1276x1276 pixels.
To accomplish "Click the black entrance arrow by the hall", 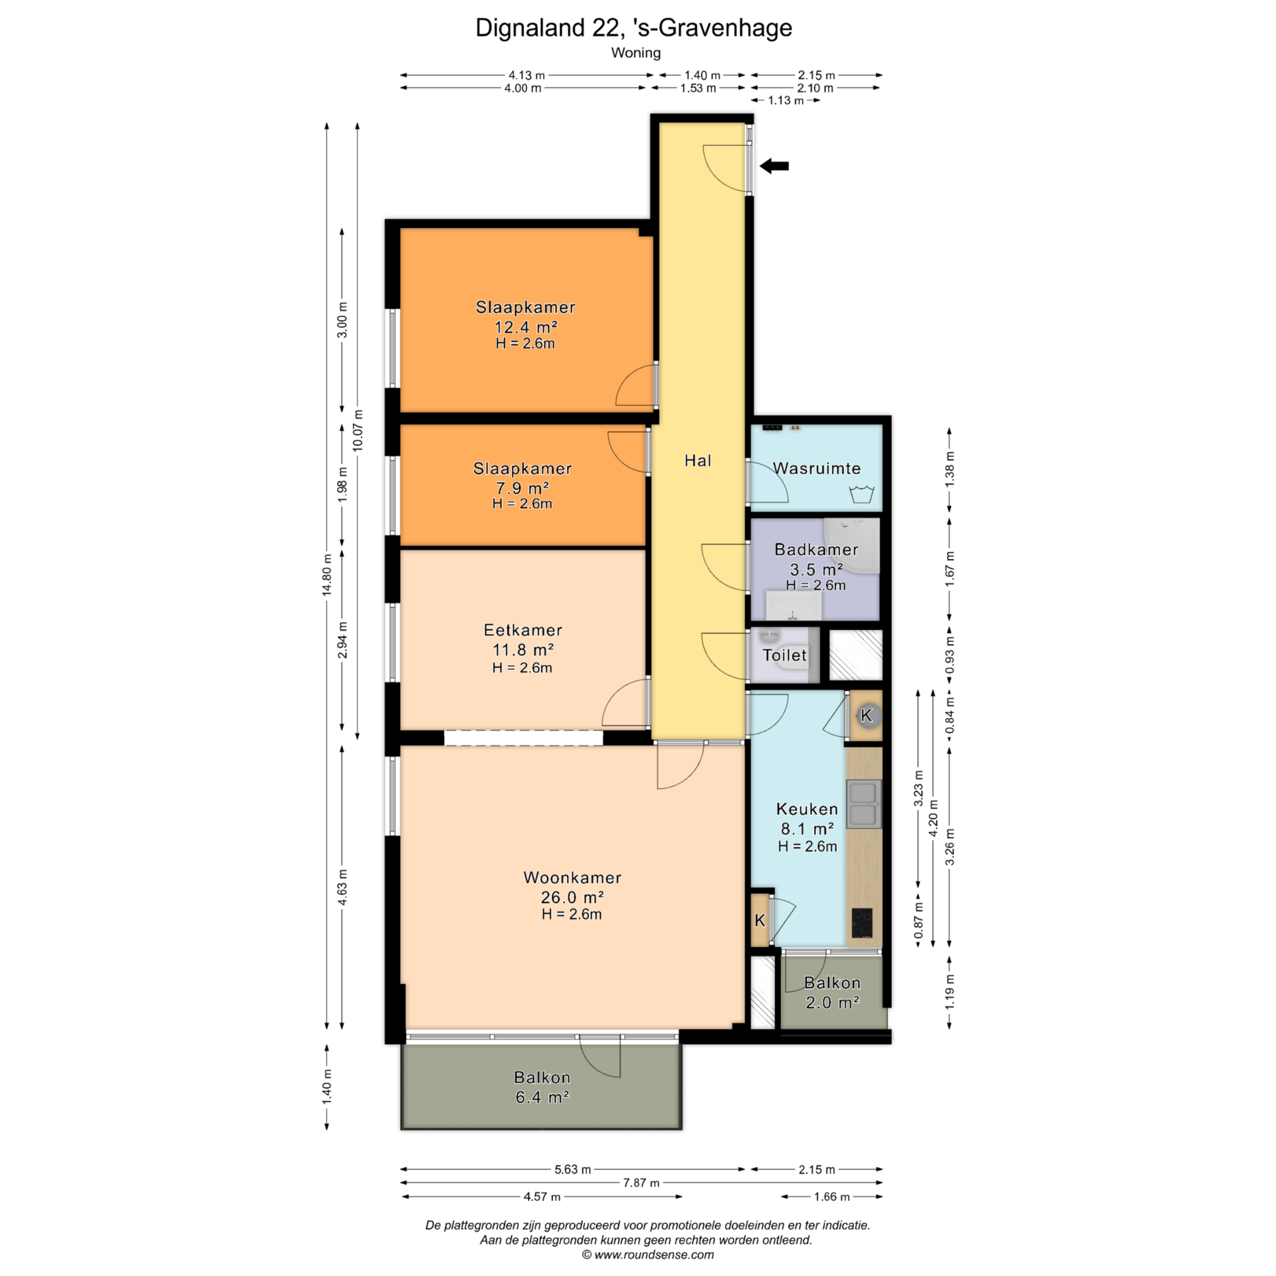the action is [x=774, y=166].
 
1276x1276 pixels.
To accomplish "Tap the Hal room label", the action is [x=698, y=461].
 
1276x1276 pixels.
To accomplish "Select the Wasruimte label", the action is [x=817, y=469].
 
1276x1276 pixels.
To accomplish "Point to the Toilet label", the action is [x=785, y=655].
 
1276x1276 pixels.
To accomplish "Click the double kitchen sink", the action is [x=863, y=804].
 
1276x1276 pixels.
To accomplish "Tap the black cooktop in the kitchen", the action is [x=862, y=922].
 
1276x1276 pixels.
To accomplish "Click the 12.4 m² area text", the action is [x=525, y=327].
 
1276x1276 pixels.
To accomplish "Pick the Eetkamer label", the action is [x=523, y=630].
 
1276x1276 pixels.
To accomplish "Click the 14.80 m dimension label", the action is [x=327, y=575].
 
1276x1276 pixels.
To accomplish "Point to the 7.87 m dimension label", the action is [x=641, y=1182].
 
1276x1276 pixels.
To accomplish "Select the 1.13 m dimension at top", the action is [x=786, y=100].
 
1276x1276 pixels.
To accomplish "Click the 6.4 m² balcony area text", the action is [x=542, y=1097].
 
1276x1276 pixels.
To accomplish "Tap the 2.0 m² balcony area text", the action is [x=833, y=1002].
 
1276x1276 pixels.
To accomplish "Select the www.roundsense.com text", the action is [x=654, y=1255].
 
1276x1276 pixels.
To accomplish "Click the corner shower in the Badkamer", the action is [x=852, y=546].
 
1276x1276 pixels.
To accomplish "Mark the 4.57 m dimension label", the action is [x=542, y=1197].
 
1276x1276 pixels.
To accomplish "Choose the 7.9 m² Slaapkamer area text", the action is [x=522, y=488].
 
